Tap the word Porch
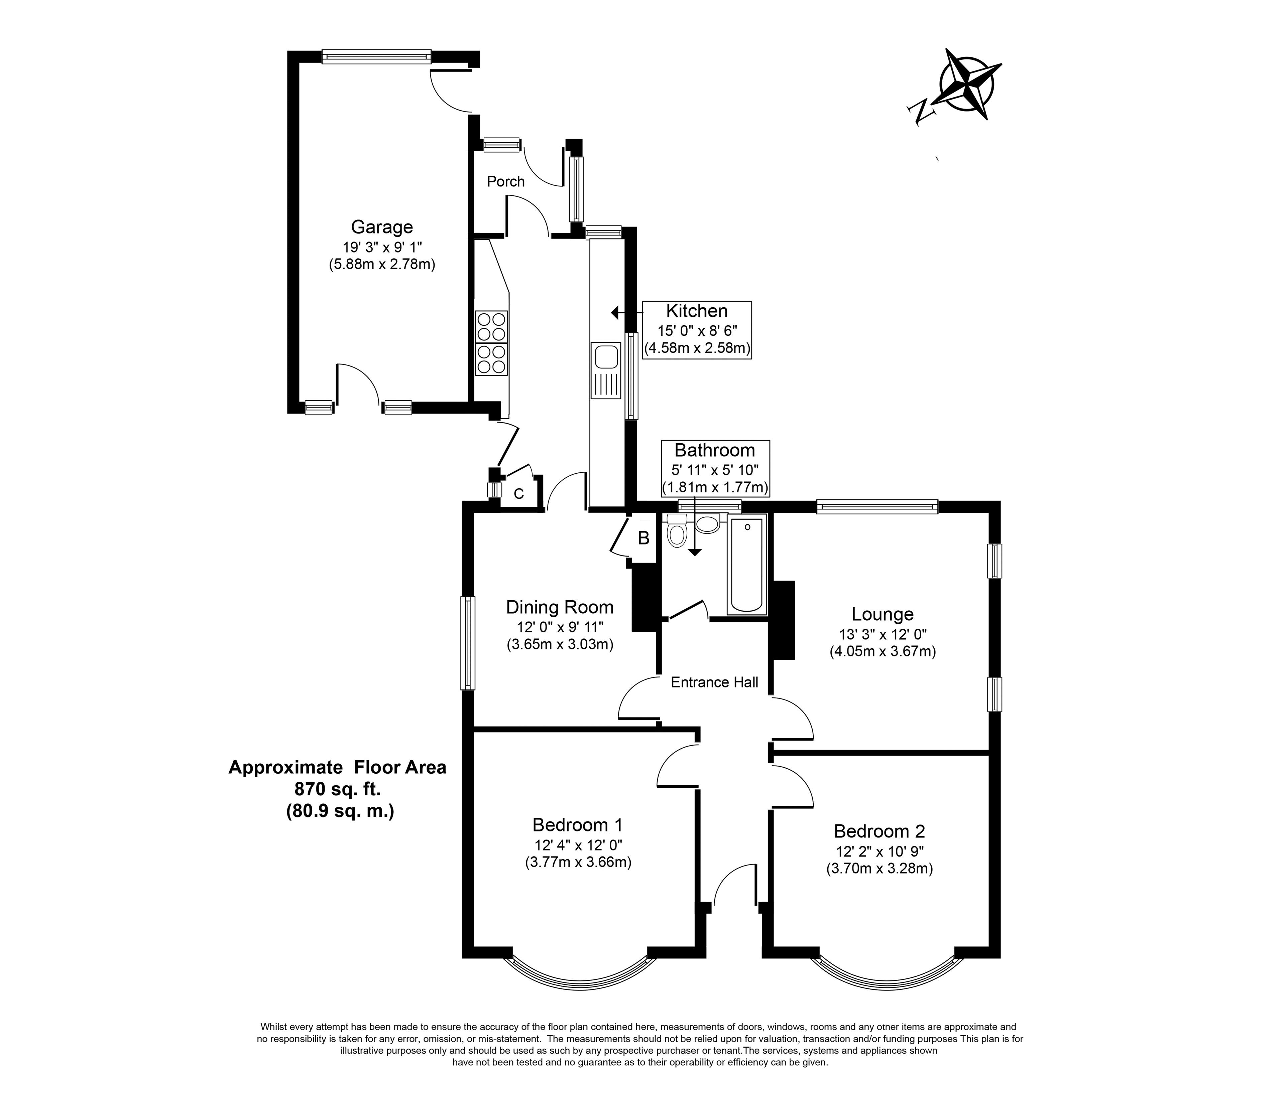505,181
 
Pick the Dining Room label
560,607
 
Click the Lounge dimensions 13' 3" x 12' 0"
882,634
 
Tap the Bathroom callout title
715,450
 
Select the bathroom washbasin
708,524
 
